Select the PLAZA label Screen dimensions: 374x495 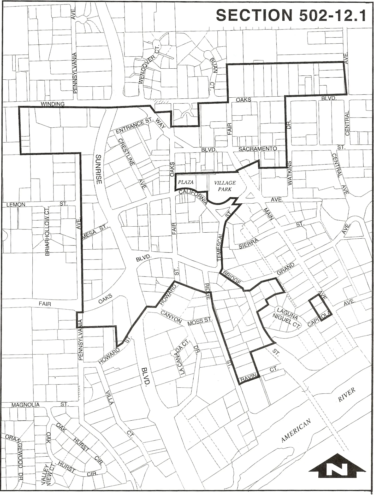(186, 182)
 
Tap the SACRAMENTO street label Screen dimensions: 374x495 (258, 149)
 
